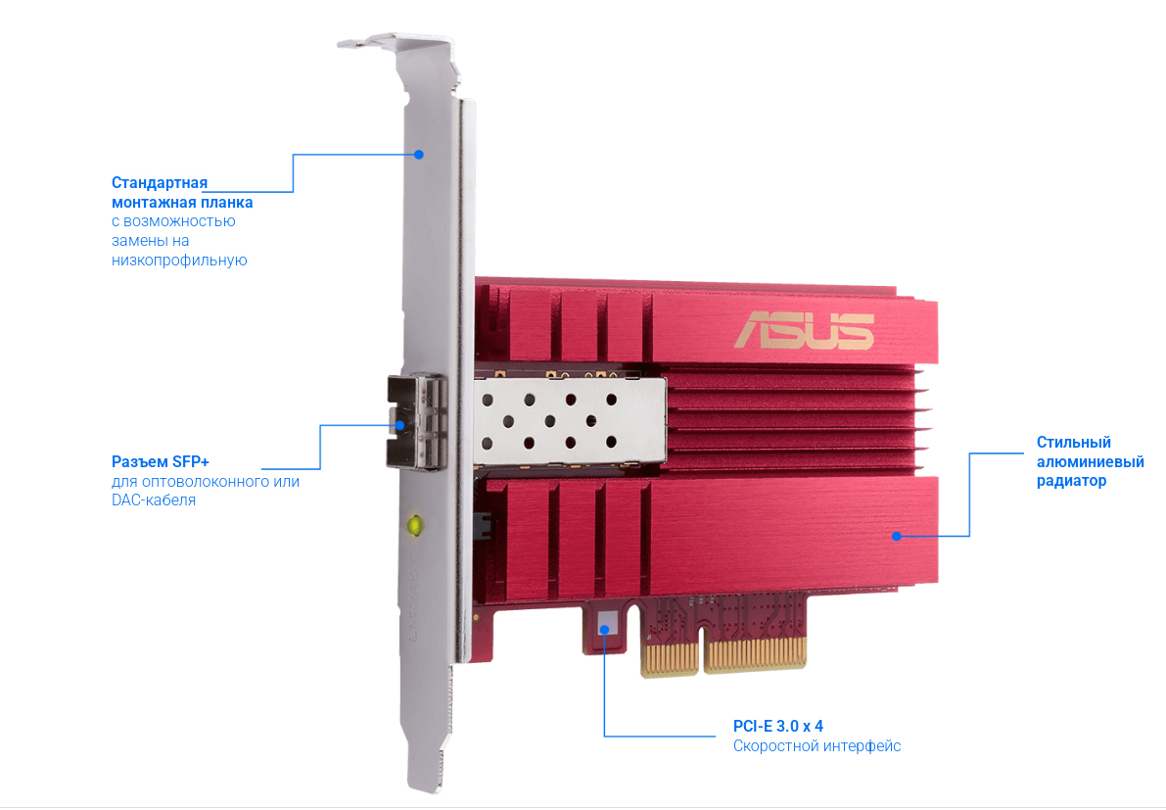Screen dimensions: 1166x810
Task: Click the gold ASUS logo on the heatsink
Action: (804, 330)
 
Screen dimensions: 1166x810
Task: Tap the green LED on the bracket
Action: (416, 525)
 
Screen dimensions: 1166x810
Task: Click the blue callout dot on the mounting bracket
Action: (419, 155)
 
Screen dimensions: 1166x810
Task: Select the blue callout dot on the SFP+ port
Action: (399, 425)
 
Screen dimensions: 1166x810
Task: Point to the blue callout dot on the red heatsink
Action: (897, 536)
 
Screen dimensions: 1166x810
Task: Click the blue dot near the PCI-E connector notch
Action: (605, 629)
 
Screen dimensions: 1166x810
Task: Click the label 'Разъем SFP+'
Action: (161, 462)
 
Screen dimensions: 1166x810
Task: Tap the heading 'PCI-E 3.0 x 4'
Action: (778, 726)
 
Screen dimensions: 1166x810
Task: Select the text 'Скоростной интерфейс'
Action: (816, 746)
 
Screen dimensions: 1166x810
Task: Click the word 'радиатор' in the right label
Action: (1072, 481)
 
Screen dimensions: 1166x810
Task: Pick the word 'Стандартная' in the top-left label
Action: (160, 183)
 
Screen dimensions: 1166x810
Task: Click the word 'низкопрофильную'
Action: (179, 261)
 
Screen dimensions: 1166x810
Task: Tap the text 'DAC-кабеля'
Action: (154, 500)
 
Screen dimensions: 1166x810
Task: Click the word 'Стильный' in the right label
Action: (1074, 443)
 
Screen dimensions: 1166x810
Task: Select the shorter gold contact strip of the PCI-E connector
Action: (670, 658)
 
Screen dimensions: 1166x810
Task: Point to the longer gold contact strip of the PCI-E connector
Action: (755, 654)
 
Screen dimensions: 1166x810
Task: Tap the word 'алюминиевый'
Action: (1091, 462)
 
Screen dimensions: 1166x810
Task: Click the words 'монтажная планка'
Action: (182, 203)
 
